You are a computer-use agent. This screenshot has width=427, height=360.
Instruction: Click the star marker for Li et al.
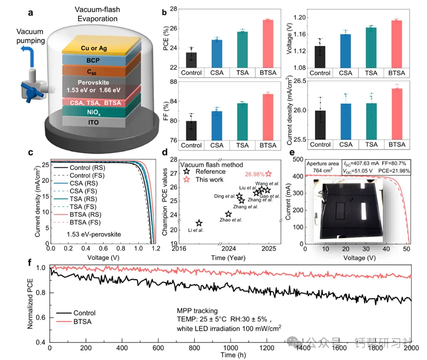coord(198,223)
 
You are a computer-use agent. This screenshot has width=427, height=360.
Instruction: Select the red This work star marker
coord(269,173)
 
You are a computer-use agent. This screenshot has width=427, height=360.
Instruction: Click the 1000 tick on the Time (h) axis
coord(230,349)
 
